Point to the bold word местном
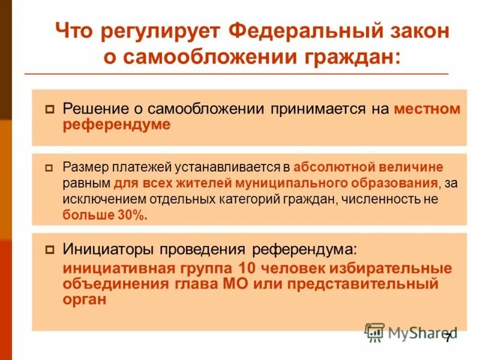428,109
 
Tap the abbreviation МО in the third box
251,283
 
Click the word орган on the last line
85,299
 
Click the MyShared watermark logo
410,332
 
